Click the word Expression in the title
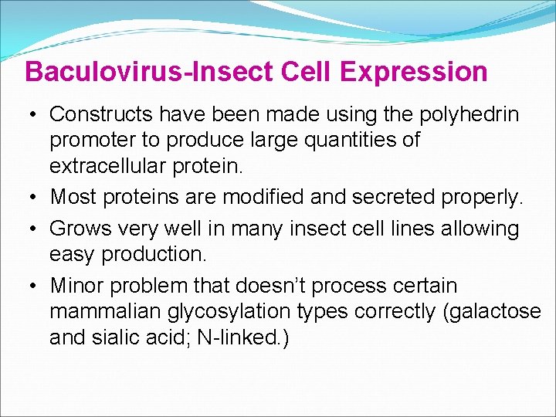click(413, 72)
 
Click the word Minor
click(77, 286)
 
